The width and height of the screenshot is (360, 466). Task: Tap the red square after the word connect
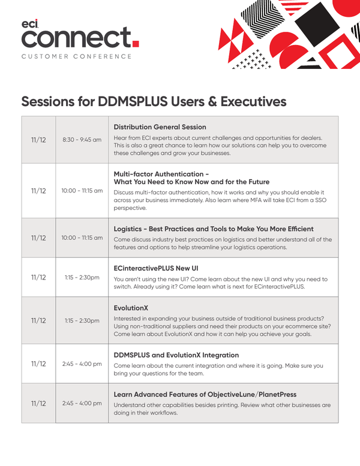[136, 43]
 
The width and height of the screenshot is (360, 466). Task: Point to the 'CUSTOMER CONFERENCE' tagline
[77, 56]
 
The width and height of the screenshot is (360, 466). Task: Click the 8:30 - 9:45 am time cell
[82, 140]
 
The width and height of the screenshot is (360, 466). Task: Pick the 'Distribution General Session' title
[160, 127]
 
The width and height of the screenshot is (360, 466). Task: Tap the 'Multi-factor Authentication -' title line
[161, 173]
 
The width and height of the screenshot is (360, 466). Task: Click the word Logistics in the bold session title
[133, 229]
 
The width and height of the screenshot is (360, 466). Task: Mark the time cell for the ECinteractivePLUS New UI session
[82, 278]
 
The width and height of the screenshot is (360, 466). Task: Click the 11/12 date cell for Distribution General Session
[38, 140]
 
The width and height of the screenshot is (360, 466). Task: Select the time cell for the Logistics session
[82, 237]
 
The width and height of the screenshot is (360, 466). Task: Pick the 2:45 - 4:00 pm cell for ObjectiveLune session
[82, 403]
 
